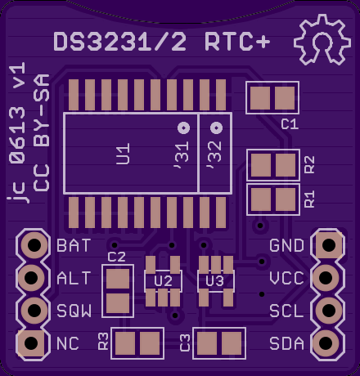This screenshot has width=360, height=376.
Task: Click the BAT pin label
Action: tap(74, 245)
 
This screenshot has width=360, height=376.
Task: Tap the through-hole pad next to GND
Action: tap(329, 245)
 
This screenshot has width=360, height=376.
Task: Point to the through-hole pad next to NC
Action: tap(31, 343)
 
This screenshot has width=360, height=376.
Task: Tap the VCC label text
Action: tap(286, 278)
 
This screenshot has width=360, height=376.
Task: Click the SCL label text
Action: tap(286, 311)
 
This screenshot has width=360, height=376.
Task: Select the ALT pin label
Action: tap(74, 278)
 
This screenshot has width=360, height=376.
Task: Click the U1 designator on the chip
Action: tap(124, 154)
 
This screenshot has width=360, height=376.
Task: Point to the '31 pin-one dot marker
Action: tap(183, 128)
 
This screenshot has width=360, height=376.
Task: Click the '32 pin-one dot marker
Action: tap(217, 128)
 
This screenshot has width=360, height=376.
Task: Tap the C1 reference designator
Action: tap(290, 124)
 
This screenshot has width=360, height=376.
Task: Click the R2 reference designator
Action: tap(309, 165)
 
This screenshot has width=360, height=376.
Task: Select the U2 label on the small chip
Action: tap(163, 281)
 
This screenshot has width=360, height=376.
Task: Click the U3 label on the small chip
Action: tap(215, 281)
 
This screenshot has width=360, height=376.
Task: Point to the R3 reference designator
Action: tap(103, 341)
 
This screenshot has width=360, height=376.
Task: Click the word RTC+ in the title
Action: tap(237, 42)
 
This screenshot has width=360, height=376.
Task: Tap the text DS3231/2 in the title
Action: tap(120, 42)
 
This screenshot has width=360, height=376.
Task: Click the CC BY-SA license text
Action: tap(42, 132)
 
